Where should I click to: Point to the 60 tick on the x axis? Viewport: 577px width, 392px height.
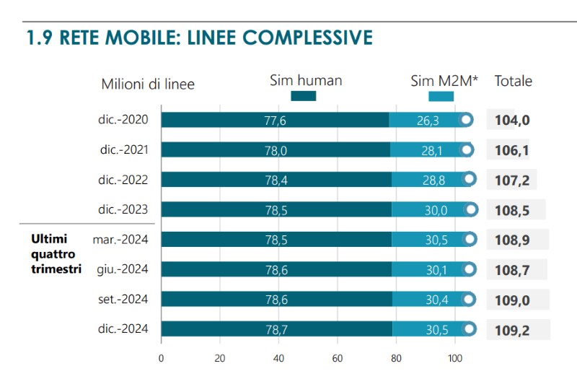337,357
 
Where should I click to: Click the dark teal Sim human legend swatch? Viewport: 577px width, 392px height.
303,96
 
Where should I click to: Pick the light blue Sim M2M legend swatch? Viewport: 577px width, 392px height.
441,96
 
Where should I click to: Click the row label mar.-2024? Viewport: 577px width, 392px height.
120,239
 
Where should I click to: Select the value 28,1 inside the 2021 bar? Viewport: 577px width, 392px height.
429,150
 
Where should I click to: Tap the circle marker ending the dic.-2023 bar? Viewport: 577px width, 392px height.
472,209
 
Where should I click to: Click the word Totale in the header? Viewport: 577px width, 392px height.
513,81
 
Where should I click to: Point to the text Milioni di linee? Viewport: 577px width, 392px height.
148,84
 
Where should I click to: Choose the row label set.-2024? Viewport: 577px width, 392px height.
124,299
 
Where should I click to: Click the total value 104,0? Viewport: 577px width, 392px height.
513,120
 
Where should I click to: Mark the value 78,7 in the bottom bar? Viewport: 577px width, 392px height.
276,329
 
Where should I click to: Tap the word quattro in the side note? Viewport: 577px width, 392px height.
52,253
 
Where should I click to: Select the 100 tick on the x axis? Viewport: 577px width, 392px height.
454,357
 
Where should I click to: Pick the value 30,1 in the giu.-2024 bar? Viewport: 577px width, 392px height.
436,269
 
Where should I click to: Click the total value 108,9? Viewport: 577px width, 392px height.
513,239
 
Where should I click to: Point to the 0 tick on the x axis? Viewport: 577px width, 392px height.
161,357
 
